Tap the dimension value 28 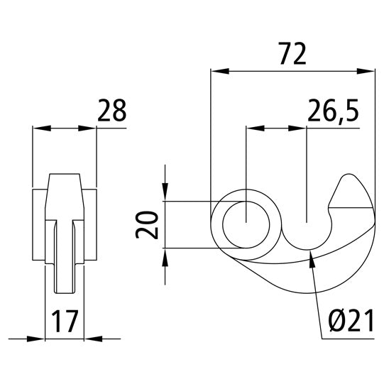pyautogui.click(x=111, y=111)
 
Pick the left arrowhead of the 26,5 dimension pyautogui.click(x=254, y=128)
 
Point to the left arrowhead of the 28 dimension pyautogui.click(x=43, y=128)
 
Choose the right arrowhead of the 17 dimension pyautogui.click(x=92, y=339)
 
